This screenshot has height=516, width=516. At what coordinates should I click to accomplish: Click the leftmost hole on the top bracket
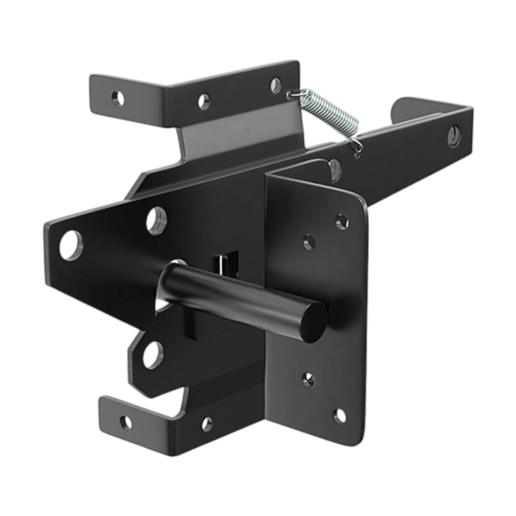(x=118, y=98)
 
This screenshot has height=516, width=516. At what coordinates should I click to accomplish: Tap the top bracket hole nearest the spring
(x=276, y=85)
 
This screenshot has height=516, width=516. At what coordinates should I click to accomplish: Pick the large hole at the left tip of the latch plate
(x=71, y=245)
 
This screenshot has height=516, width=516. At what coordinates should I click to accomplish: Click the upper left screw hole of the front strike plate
(x=310, y=242)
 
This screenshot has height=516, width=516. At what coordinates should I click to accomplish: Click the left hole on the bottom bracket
(x=126, y=422)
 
